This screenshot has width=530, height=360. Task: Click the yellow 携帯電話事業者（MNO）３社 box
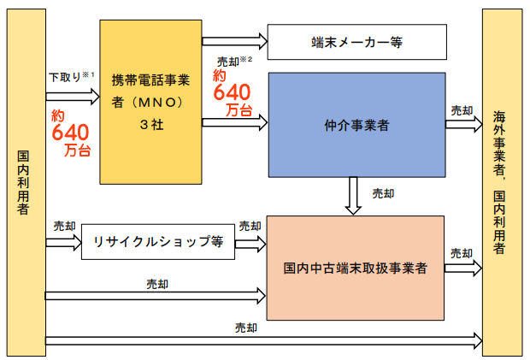click(x=150, y=101)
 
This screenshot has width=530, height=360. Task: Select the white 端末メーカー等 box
click(x=357, y=41)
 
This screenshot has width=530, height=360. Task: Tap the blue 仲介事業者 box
click(x=357, y=125)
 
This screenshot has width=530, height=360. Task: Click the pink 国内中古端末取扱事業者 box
click(x=356, y=268)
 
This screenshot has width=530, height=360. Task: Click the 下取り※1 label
click(x=66, y=77)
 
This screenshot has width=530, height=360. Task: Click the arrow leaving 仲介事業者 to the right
click(x=463, y=124)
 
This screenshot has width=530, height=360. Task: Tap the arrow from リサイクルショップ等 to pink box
click(x=250, y=243)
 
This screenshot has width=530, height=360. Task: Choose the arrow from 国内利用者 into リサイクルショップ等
click(x=62, y=243)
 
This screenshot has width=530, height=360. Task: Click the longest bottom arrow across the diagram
click(x=256, y=341)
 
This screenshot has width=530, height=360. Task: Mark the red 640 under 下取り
click(x=70, y=133)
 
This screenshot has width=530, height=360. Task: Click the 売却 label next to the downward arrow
click(x=383, y=193)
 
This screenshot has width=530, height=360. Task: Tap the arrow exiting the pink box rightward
click(x=462, y=268)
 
